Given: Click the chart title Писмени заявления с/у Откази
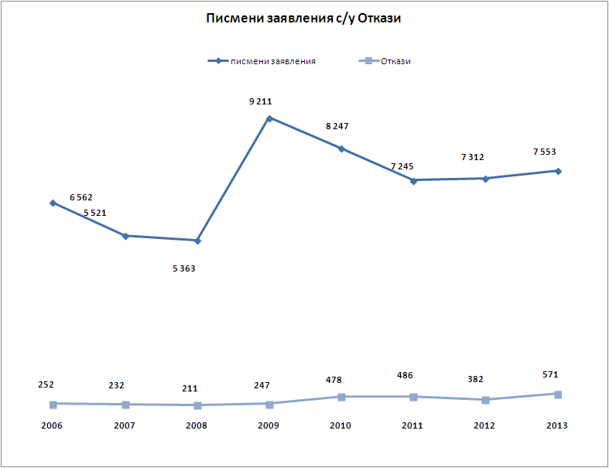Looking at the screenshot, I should pyautogui.click(x=303, y=19).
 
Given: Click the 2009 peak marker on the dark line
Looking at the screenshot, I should pyautogui.click(x=269, y=118).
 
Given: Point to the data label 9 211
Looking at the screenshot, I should pyautogui.click(x=261, y=101).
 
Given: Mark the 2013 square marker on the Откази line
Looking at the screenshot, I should pyautogui.click(x=558, y=394).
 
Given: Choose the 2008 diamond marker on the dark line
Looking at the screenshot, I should pyautogui.click(x=197, y=241).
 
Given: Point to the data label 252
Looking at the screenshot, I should pyautogui.click(x=45, y=384).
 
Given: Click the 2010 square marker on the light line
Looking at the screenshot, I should pyautogui.click(x=341, y=397).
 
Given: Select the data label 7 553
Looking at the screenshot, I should pyautogui.click(x=545, y=152).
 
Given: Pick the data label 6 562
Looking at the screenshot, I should pyautogui.click(x=81, y=197).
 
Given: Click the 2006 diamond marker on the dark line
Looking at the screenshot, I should pyautogui.click(x=53, y=203).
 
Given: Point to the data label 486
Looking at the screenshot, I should pyautogui.click(x=405, y=375).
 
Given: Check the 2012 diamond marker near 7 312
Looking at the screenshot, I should pyautogui.click(x=486, y=179).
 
